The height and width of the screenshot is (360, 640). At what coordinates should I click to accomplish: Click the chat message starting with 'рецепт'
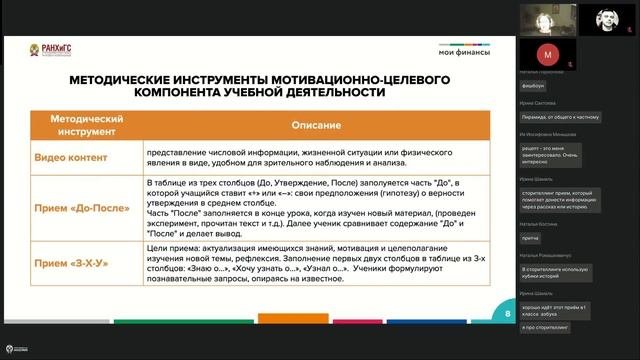click(560, 152)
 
